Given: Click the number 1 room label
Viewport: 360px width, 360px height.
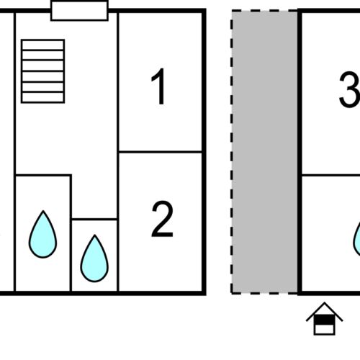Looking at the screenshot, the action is tap(159, 86).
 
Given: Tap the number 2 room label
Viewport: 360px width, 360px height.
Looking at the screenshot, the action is tap(162, 219).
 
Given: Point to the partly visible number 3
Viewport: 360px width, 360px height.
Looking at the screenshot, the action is tap(349, 89).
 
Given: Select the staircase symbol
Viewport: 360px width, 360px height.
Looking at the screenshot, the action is tap(42, 71).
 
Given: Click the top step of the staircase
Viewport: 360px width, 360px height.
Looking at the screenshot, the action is tap(42, 45).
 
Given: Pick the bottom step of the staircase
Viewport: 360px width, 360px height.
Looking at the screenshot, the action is tap(42, 97).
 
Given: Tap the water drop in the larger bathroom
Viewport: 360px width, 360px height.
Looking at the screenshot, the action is tap(43, 235).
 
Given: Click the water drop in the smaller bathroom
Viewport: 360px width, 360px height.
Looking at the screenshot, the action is tap(94, 258).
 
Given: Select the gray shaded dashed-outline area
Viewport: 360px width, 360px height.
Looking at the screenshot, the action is tap(264, 152).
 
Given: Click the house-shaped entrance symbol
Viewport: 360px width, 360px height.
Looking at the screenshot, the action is tap(324, 318).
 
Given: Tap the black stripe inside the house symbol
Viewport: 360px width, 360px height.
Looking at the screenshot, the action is tap(324, 320).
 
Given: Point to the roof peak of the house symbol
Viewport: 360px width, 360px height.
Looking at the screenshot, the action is tap(325, 302).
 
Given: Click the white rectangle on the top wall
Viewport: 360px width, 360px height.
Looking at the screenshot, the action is tap(79, 11).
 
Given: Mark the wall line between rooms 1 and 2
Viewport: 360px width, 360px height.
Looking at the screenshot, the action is tap(161, 152).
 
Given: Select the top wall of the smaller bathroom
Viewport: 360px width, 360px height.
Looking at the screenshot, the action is tap(94, 219).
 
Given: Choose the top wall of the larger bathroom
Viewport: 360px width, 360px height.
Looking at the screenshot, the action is tap(43, 176).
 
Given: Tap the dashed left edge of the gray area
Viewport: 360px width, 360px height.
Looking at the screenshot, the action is tap(232, 152).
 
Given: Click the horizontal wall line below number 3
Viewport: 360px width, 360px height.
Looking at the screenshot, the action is tap(330, 176).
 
